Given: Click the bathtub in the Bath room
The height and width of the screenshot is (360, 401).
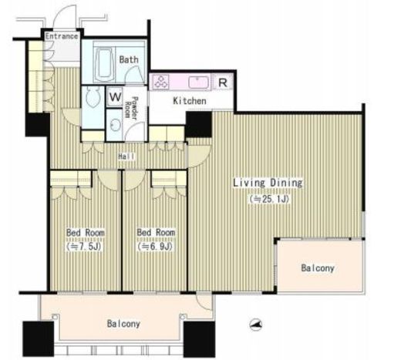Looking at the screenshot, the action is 104,63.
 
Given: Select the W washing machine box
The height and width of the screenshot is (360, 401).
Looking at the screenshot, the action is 115,97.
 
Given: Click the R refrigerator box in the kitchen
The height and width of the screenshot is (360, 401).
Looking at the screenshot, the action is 223,82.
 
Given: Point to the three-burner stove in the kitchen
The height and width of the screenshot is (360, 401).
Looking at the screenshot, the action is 161,82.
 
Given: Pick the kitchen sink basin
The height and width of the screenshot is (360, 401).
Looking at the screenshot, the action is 197,82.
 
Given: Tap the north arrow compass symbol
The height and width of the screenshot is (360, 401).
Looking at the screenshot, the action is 255,325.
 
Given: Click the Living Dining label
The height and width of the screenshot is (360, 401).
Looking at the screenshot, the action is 268,183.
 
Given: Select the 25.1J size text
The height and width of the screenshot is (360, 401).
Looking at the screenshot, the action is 269,199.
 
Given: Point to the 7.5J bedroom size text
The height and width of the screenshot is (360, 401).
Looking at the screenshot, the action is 85,247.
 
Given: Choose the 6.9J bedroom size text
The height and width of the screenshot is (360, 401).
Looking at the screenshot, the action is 155,247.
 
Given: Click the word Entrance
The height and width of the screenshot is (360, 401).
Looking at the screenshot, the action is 62,36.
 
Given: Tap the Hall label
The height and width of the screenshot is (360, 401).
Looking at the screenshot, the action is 126,156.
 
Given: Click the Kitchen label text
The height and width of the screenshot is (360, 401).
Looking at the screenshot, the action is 190,101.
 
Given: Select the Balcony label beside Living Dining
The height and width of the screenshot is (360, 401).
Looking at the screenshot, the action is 318,268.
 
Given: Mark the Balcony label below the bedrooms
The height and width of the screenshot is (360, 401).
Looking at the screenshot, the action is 123,324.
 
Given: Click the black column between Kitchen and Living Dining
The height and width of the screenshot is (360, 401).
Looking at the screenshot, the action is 199,124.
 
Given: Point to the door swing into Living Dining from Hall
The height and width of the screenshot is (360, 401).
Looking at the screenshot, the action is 200,156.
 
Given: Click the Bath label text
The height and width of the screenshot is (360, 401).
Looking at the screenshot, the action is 129,59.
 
